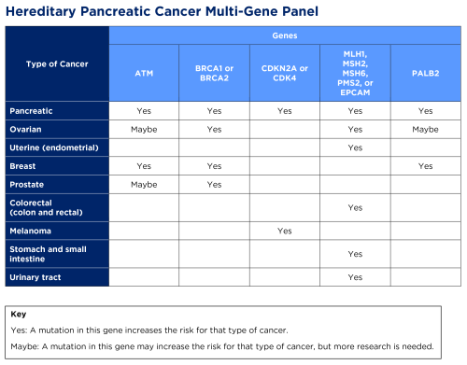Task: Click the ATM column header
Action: click(144, 72)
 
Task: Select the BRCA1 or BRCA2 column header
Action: click(214, 72)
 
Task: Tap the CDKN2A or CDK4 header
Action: click(284, 72)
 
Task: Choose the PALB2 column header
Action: click(425, 72)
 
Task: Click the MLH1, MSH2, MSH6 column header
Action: click(355, 72)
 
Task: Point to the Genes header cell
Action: click(285, 35)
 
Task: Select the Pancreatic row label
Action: click(32, 110)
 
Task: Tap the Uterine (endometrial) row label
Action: click(55, 147)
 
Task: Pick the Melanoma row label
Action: click(30, 231)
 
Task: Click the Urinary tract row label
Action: click(35, 277)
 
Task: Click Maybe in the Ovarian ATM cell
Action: click(144, 129)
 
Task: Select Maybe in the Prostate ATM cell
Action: click(144, 185)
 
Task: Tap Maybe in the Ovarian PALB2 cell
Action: click(425, 129)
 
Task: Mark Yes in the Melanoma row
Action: click(284, 231)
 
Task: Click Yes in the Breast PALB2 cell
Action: click(425, 166)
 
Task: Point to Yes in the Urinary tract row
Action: click(355, 277)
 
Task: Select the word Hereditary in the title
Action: click(47, 12)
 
